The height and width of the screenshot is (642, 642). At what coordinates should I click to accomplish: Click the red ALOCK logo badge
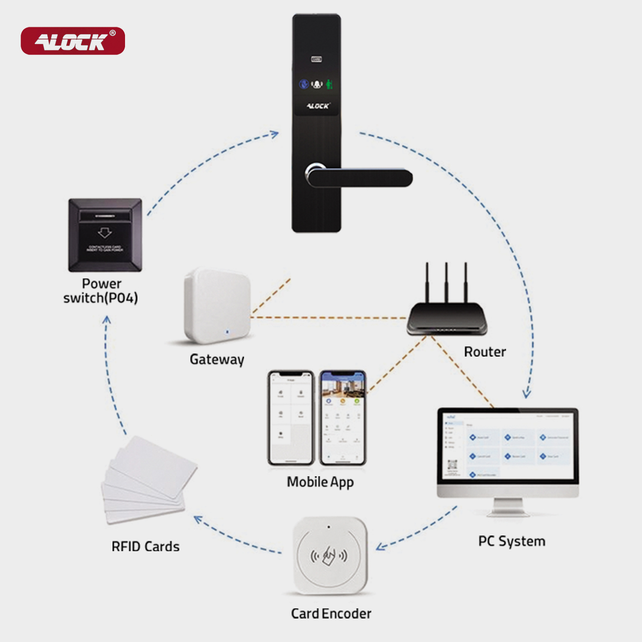[x=73, y=41]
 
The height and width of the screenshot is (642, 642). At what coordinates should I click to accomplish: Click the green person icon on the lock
[x=329, y=84]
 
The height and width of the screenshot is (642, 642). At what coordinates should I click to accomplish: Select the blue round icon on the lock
[x=304, y=84]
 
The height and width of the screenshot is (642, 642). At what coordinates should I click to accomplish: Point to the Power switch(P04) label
[x=101, y=291]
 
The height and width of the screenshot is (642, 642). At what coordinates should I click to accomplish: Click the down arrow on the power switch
[x=104, y=233]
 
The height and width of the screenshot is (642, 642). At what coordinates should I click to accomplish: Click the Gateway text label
[x=217, y=359]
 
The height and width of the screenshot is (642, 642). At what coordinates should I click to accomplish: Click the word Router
[x=485, y=352]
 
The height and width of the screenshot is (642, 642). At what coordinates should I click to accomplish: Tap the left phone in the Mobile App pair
[x=291, y=417]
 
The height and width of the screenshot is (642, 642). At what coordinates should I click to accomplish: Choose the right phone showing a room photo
[x=342, y=417]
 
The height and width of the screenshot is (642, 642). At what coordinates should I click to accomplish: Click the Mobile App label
[x=320, y=482]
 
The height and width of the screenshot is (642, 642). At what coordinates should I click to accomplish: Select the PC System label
[x=512, y=541]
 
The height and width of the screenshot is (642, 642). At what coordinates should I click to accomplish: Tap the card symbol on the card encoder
[x=329, y=556]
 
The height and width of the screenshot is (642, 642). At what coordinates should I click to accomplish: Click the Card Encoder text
[x=331, y=614]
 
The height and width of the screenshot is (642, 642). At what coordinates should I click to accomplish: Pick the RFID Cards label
[x=145, y=547]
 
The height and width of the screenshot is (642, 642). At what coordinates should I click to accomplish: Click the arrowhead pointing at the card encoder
[x=379, y=546]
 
